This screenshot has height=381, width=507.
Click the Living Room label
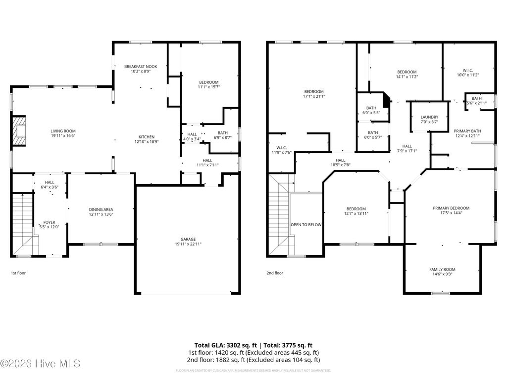point(63,131)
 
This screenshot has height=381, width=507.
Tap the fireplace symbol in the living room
point(19,131)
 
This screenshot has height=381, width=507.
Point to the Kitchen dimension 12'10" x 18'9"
point(146,142)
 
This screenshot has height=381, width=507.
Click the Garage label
point(188,239)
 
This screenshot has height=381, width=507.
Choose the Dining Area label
point(101,209)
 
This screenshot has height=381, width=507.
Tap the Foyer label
point(49,222)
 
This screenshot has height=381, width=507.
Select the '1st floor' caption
point(18,273)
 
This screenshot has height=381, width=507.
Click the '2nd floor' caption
point(275,273)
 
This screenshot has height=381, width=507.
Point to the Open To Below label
point(306,225)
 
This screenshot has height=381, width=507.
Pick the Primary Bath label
point(467,131)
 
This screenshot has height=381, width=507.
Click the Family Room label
point(442,269)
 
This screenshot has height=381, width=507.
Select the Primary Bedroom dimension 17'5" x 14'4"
point(451,213)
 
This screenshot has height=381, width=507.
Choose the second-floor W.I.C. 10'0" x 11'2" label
point(467,75)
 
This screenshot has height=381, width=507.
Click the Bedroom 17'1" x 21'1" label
point(314,91)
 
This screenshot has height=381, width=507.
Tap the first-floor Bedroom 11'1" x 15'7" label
point(208,82)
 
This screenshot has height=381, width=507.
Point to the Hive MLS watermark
point(41,364)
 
